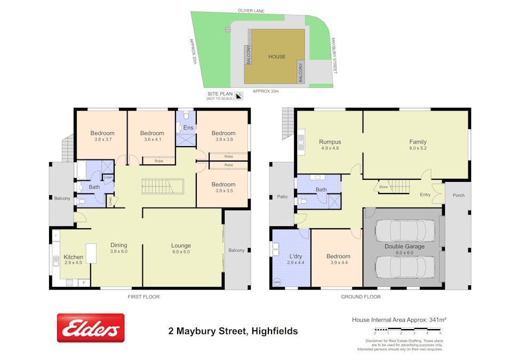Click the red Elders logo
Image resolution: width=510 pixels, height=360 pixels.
pos(91,327)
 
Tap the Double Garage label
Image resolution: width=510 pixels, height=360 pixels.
pos(404,246)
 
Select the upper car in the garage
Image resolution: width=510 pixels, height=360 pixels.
pos(404,230)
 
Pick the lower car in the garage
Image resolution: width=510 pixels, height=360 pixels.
pos(404,266)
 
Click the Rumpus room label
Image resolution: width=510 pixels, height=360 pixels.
pos(330,142)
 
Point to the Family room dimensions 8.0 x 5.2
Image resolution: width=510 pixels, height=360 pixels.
pos(418,149)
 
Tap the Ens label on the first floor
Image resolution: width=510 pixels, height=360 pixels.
pos(188,128)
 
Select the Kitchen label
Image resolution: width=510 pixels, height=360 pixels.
pos(74,257)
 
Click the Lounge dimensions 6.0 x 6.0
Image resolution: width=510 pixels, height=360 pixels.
pos(181,252)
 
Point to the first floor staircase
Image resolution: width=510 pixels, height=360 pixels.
pos(162,187)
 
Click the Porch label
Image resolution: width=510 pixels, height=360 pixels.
pos(458,195)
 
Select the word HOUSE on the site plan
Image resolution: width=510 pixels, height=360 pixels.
pos(277,57)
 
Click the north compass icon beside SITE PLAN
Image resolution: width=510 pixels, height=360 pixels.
pos(239,96)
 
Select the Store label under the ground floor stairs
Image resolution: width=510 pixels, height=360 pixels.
pos(383,187)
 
